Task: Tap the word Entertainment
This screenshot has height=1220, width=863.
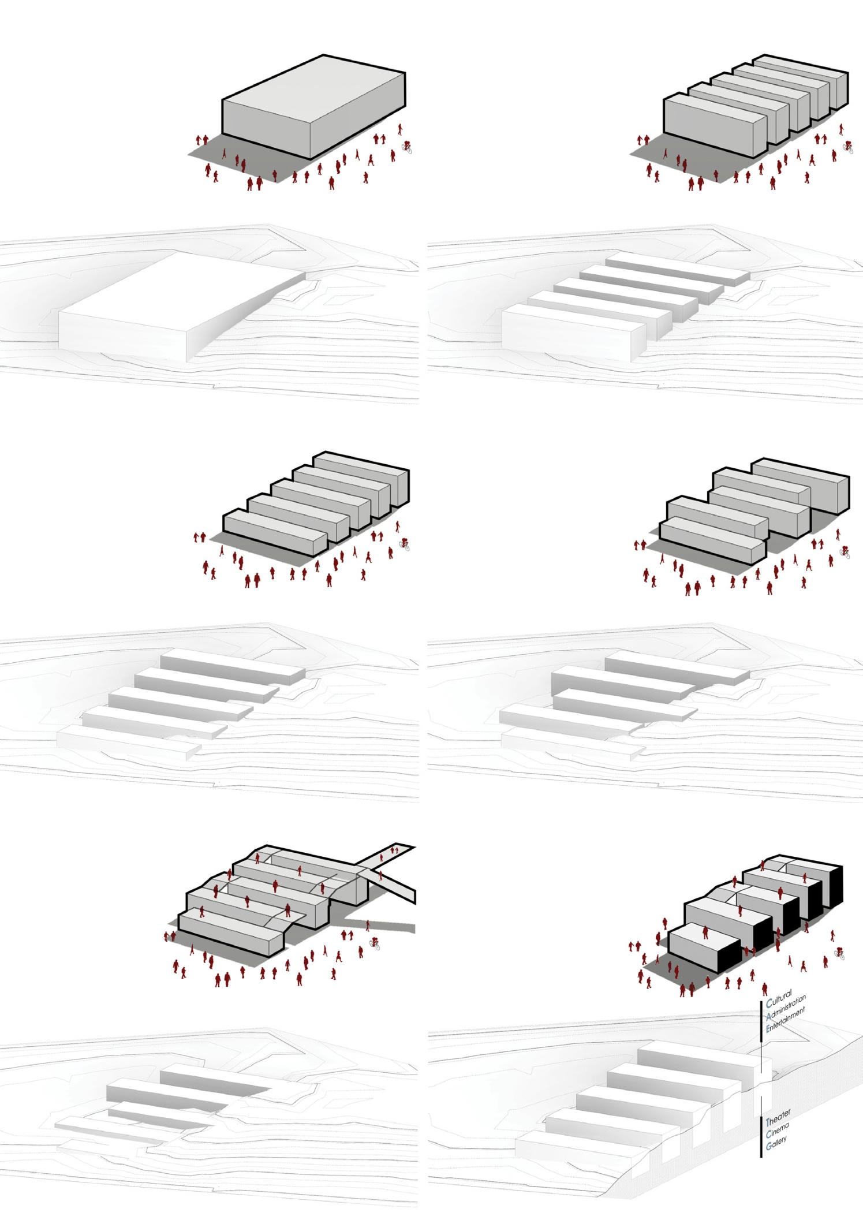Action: click(785, 1023)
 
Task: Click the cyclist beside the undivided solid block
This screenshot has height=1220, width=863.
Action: click(407, 147)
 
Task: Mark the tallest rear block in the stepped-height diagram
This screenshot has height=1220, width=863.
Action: click(800, 490)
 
